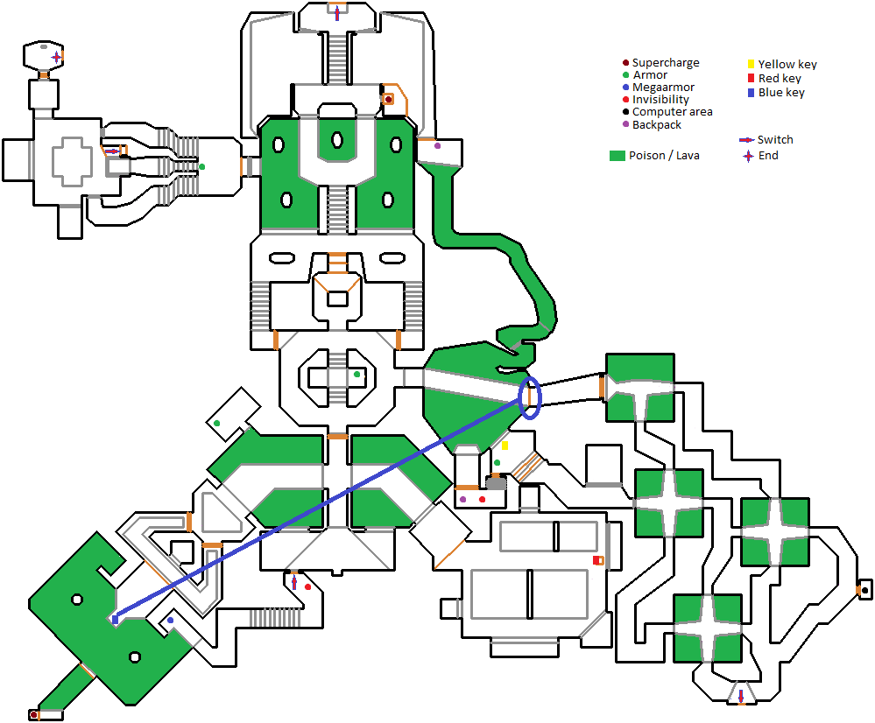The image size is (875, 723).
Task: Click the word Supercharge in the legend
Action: [x=666, y=63]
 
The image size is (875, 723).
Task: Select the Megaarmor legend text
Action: [x=663, y=88]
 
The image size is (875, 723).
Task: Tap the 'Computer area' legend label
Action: [x=672, y=112]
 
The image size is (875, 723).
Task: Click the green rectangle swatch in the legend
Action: [x=617, y=156]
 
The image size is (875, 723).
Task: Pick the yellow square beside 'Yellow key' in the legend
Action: [x=750, y=64]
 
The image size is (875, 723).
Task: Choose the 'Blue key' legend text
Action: [x=781, y=93]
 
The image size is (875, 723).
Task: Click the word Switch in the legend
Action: [x=775, y=140]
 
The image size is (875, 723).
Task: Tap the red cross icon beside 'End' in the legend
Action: [x=747, y=156]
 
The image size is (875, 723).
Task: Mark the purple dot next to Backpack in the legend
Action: [x=624, y=124]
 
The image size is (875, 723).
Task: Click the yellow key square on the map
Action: [x=505, y=446]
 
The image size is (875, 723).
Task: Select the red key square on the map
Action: [x=598, y=560]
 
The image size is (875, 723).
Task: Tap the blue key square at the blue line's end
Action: [x=115, y=620]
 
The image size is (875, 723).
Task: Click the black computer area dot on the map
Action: [x=864, y=590]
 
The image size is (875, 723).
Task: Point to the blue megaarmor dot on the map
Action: [x=171, y=621]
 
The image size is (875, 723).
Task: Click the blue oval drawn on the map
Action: [x=530, y=397]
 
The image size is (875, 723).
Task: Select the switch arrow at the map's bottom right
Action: [x=741, y=697]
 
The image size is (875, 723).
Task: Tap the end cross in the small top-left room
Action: [x=56, y=58]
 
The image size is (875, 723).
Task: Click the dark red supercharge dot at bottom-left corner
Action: [x=34, y=715]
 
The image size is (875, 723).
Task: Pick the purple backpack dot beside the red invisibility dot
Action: [x=462, y=499]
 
